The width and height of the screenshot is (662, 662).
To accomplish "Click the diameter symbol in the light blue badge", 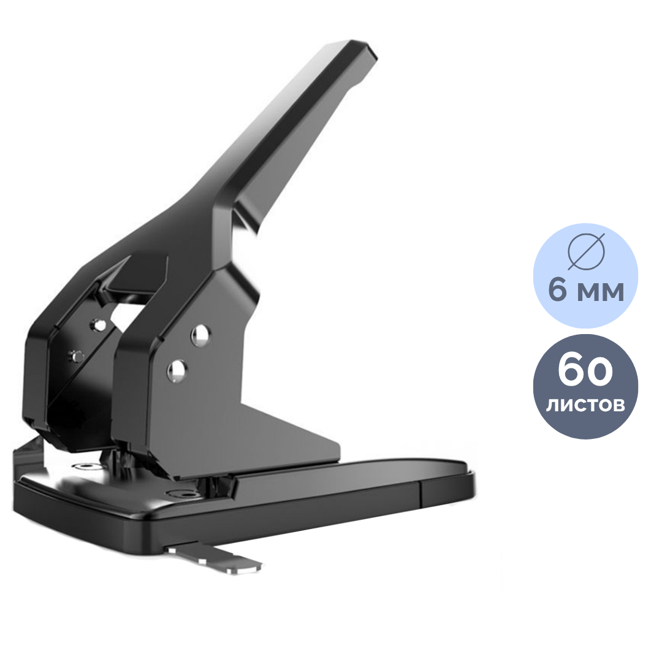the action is point(586,251).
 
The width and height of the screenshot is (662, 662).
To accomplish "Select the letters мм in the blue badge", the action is point(600,292).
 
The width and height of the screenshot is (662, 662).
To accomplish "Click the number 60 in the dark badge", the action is point(585,370).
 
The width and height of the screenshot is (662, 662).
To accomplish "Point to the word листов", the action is point(585,405).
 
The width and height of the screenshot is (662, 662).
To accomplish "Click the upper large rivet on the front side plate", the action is point(200,336).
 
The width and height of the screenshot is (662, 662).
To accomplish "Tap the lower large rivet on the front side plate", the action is point(177,371).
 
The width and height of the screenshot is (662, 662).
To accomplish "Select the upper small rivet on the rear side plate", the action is point(100,325).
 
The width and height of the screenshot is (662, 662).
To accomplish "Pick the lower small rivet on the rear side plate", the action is point(77,356).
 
